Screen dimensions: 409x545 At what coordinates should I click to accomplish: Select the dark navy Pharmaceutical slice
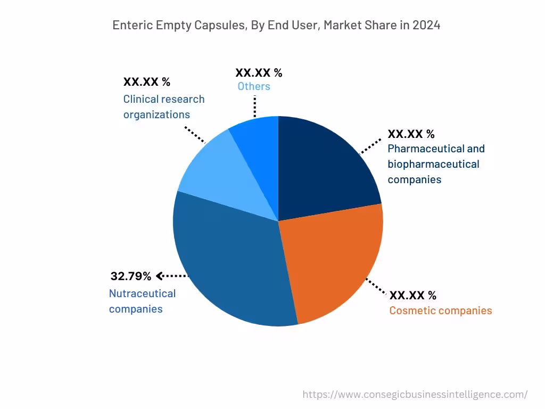(325, 165)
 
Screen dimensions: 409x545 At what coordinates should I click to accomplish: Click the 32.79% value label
(131, 276)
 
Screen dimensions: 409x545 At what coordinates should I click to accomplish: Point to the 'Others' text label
(254, 86)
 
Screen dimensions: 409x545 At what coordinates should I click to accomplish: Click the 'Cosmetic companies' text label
(441, 310)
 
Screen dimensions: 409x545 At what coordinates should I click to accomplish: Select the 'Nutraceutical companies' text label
(142, 301)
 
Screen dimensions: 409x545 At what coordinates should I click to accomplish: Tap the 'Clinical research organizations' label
(163, 107)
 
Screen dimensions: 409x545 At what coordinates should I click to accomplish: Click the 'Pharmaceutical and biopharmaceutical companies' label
(436, 164)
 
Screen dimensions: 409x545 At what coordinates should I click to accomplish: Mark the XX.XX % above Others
(259, 72)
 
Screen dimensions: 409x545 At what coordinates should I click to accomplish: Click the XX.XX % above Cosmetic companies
(412, 295)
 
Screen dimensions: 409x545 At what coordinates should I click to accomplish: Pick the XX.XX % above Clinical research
(147, 82)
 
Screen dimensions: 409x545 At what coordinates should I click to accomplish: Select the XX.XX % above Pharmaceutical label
(411, 134)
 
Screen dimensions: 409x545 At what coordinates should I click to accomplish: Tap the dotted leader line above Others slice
(255, 107)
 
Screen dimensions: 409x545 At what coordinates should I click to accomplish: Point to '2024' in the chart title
(426, 25)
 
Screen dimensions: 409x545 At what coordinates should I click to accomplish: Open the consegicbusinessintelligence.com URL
(415, 395)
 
